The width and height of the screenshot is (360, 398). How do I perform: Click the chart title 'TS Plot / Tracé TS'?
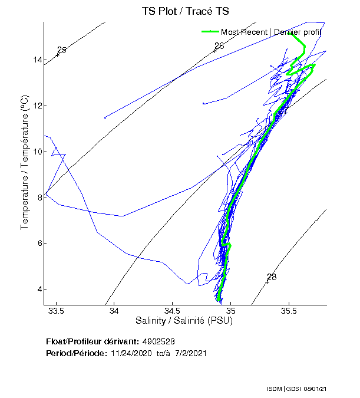[185, 11]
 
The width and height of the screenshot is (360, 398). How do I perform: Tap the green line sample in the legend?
[210, 31]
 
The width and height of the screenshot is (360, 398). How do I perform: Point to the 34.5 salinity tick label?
[172, 311]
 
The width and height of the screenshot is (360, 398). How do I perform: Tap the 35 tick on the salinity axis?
[230, 311]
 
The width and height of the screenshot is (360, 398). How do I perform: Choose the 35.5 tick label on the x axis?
[289, 311]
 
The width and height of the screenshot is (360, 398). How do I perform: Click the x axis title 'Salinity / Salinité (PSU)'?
[184, 321]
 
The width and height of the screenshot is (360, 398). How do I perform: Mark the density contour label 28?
[272, 277]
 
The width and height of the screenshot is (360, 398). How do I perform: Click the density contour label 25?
[62, 50]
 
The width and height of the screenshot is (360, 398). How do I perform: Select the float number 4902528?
[158, 341]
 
